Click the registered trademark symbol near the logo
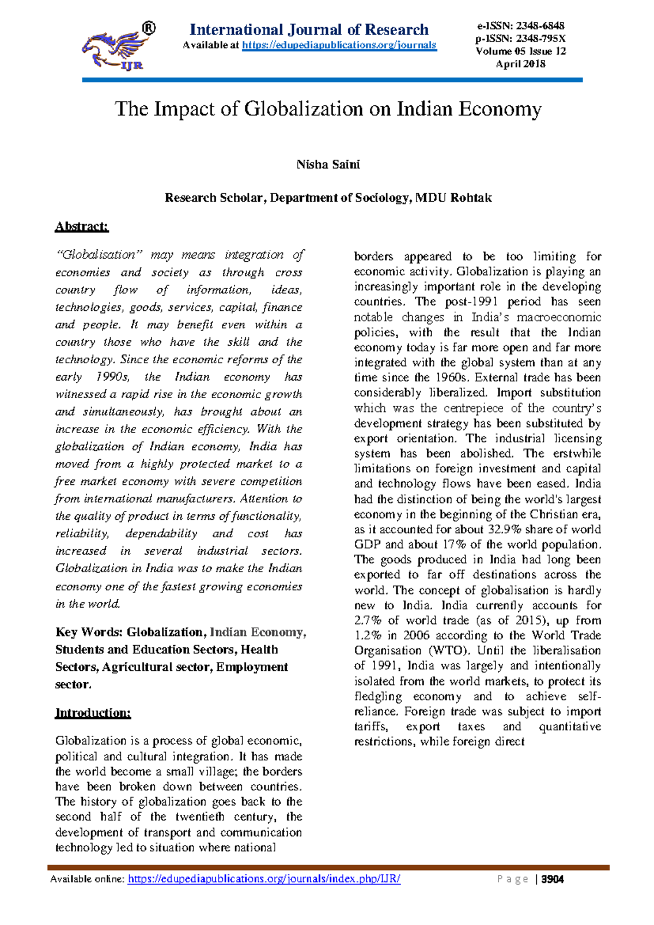pos(148,28)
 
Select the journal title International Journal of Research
pos(309,29)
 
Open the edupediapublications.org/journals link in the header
pos(339,45)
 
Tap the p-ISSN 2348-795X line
pos(520,39)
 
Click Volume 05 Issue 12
pos(520,51)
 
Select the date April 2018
pos(520,64)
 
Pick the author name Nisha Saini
pos(328,165)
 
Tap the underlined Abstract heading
pos(82,227)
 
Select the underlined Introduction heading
pos(93,713)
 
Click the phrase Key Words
pos(89,633)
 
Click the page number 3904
pos(553,879)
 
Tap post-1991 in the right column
pos(468,302)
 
